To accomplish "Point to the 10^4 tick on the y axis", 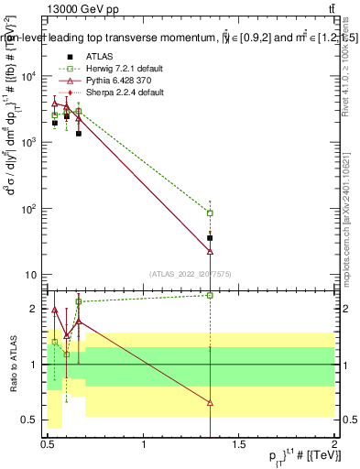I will (31, 76).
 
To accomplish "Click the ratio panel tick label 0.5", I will (33, 420).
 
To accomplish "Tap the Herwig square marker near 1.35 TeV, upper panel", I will (211, 213).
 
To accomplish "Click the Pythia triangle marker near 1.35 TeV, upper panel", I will (211, 250).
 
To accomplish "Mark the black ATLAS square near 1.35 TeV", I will (211, 238).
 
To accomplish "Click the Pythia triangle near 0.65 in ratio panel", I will (78, 322).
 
